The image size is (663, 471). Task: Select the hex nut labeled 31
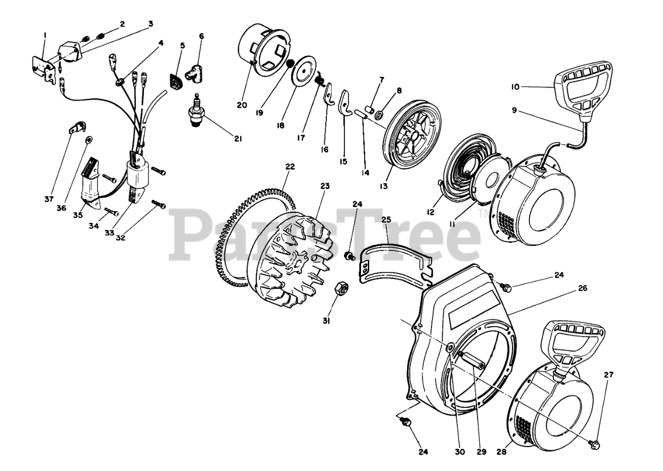(x=342, y=288)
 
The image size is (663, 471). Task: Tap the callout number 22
(x=290, y=167)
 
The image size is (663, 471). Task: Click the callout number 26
(x=583, y=288)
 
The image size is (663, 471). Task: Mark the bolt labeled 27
(x=595, y=443)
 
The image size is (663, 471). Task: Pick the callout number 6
(x=201, y=36)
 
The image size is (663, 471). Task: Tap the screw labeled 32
(x=159, y=205)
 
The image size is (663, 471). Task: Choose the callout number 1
(x=45, y=35)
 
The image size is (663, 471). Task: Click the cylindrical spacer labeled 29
(x=472, y=360)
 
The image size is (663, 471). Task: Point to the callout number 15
(x=343, y=161)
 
